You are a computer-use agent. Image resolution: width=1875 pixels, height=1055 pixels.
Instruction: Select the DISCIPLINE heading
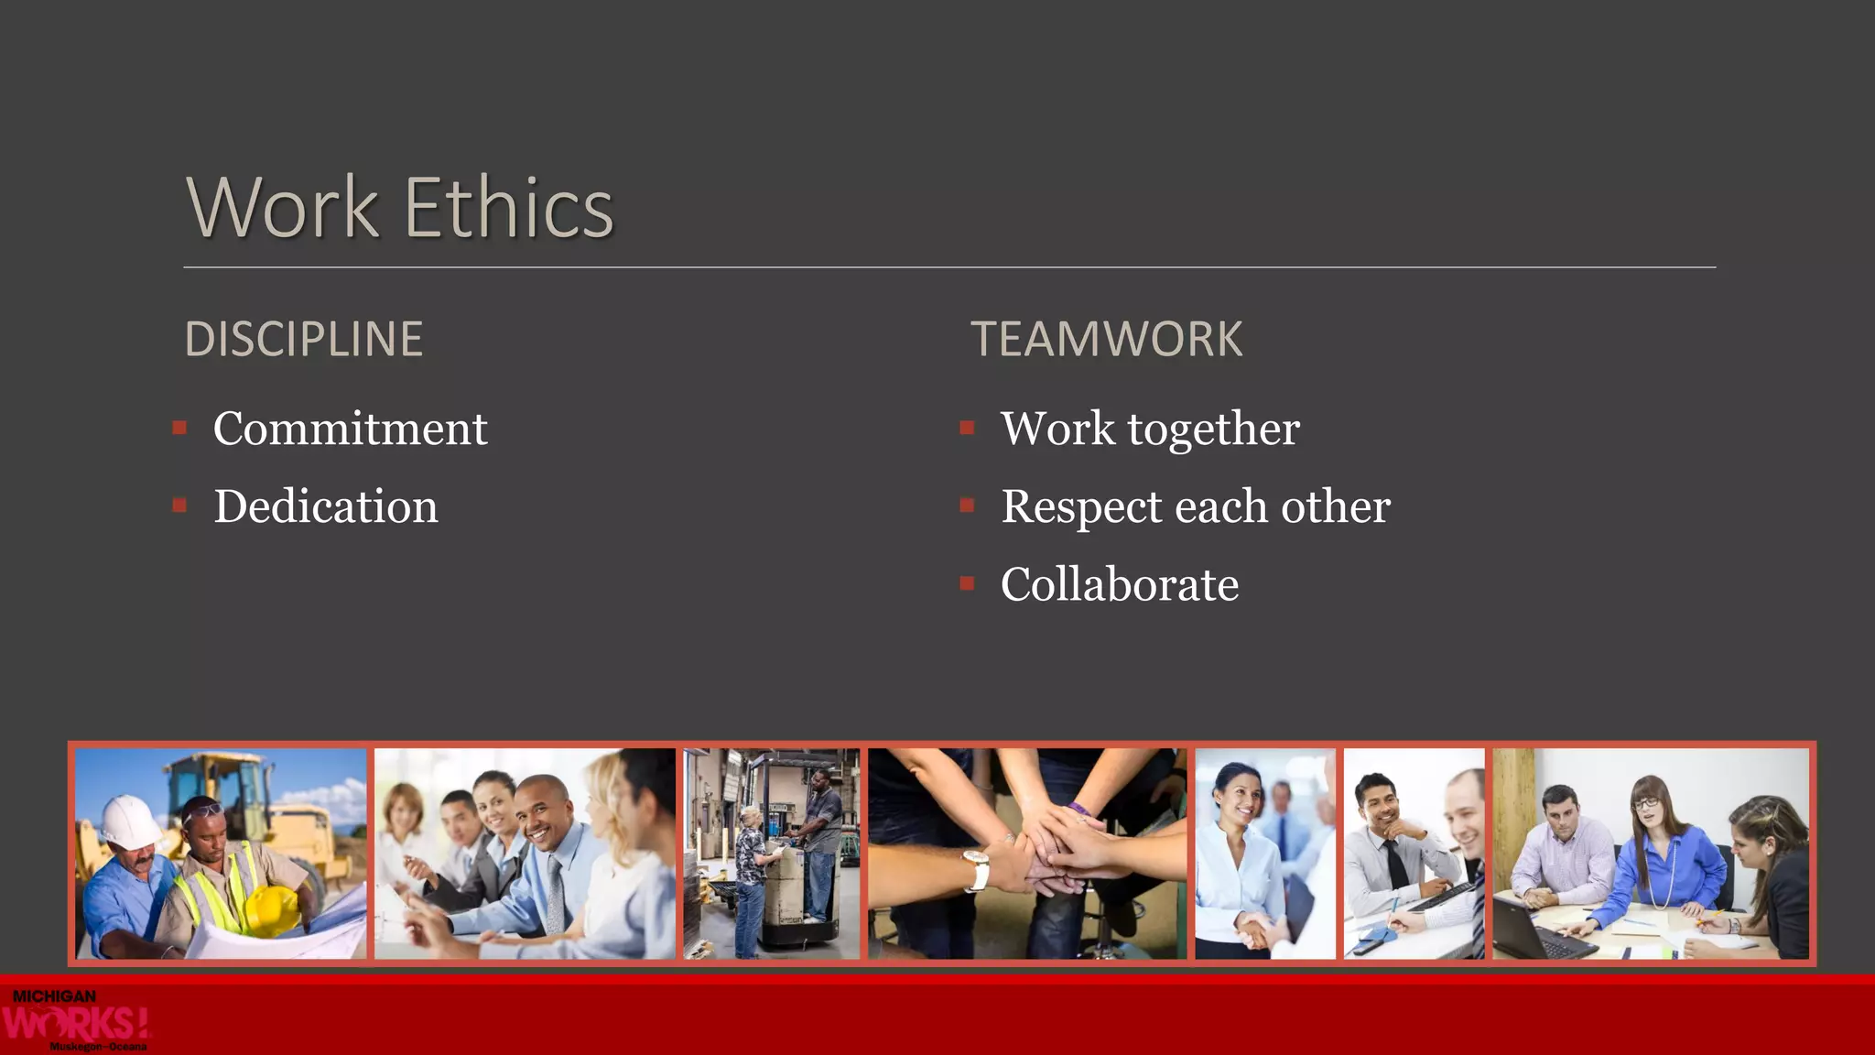(x=304, y=339)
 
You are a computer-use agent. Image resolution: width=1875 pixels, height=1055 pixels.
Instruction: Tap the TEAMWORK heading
(x=1106, y=339)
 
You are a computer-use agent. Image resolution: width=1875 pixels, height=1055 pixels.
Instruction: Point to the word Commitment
(x=350, y=429)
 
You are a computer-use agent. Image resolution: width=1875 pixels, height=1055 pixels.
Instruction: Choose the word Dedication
(x=326, y=506)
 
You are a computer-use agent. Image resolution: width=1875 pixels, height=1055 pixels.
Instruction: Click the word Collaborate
(x=1119, y=584)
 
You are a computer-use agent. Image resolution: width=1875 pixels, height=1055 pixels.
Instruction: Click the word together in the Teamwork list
(x=1213, y=429)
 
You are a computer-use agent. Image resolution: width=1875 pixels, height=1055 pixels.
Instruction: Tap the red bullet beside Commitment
(x=179, y=428)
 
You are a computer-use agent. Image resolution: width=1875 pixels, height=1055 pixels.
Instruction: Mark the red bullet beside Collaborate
(x=967, y=583)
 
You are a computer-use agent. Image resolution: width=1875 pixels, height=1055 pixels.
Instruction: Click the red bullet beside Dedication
(x=179, y=506)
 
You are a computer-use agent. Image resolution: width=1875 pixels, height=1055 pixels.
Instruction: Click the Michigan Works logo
(x=75, y=1019)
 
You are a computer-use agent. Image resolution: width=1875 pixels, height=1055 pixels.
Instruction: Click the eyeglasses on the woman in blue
(x=1647, y=803)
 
